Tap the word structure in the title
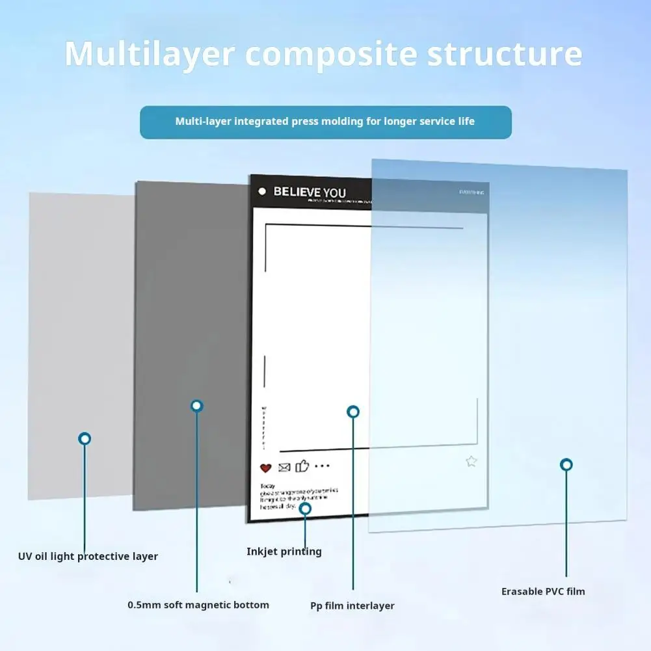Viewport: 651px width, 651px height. click(x=505, y=55)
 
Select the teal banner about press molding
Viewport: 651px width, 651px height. click(x=325, y=122)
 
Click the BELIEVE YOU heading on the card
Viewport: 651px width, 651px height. click(x=310, y=192)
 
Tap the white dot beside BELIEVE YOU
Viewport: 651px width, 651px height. click(x=262, y=191)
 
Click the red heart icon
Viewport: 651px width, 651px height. click(x=265, y=467)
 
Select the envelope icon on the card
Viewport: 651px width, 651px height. click(x=284, y=467)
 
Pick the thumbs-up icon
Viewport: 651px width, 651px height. click(x=302, y=466)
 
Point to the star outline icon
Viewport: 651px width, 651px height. click(x=472, y=462)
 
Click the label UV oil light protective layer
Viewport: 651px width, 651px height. click(x=88, y=557)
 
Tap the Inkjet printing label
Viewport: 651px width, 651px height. click(x=284, y=551)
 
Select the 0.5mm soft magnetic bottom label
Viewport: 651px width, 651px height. click(x=198, y=605)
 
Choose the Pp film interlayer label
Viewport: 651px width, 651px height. click(x=352, y=605)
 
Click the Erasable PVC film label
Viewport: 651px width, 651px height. click(x=543, y=591)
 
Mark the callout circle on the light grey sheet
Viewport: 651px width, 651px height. click(x=85, y=439)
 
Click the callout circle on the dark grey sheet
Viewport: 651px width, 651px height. click(x=197, y=406)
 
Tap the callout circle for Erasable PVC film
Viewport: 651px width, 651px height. click(x=566, y=464)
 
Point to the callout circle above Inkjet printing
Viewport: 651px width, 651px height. click(x=305, y=508)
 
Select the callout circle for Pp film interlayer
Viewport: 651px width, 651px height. click(x=353, y=412)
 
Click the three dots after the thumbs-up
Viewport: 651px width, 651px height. click(x=322, y=466)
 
